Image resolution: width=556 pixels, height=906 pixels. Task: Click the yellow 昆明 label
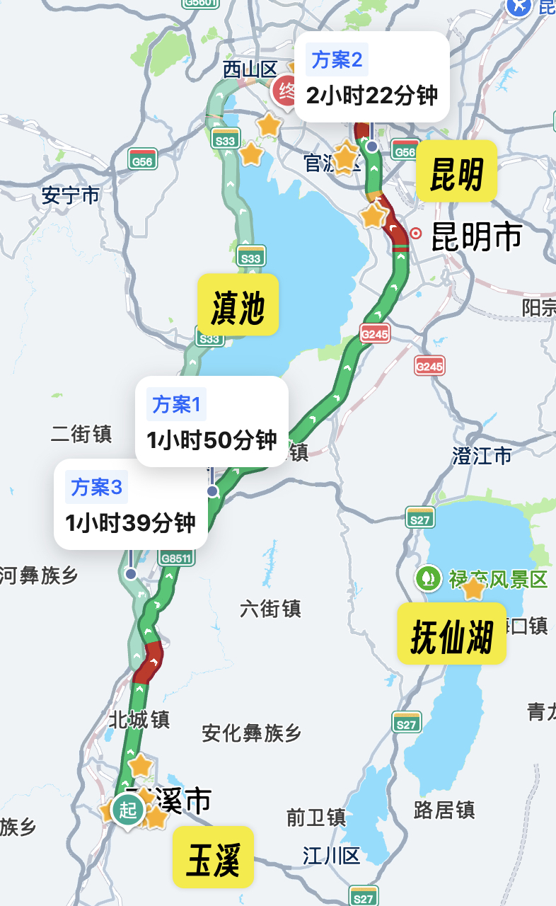point(456,173)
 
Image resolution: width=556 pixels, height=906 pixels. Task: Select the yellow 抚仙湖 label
point(451,633)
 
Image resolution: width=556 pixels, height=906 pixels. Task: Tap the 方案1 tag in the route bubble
point(177,405)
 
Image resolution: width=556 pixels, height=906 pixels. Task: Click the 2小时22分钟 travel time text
point(372,96)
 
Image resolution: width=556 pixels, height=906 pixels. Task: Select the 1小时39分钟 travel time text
point(130,523)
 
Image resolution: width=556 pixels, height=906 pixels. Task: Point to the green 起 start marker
point(128,810)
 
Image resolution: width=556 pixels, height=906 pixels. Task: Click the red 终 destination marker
point(286,91)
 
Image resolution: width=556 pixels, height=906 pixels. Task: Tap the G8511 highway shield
point(176,558)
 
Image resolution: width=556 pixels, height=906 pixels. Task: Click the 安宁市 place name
point(71,195)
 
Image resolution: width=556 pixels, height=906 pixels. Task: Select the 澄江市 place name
point(482,456)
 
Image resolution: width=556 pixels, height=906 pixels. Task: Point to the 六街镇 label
point(270,608)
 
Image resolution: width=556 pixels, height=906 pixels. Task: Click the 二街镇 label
point(81,434)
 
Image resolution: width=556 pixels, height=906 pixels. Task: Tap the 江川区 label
point(332,856)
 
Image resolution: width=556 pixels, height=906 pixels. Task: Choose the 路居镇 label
point(444,810)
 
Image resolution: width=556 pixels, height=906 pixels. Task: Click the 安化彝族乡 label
point(252,733)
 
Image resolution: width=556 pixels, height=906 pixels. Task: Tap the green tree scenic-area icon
point(427,578)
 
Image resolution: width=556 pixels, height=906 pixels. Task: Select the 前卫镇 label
point(316,818)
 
